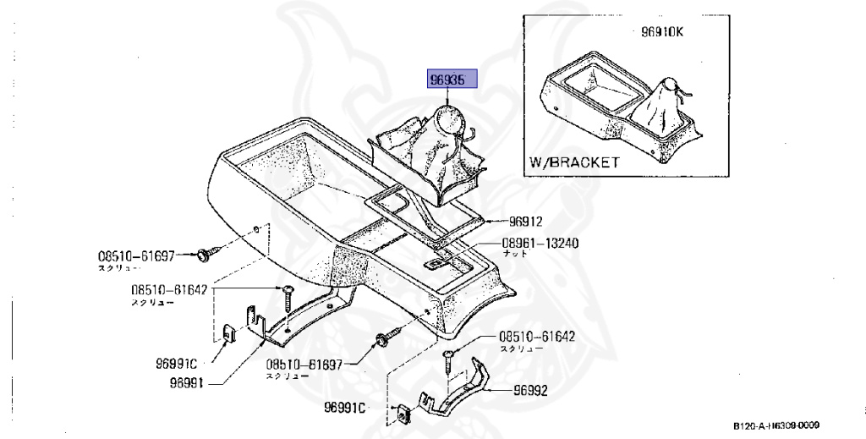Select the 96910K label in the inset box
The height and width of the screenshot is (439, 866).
[x=660, y=34]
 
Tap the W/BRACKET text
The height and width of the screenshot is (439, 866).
[x=574, y=162]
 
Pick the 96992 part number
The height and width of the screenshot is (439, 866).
[x=531, y=391]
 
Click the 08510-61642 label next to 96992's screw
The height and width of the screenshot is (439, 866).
[x=536, y=336]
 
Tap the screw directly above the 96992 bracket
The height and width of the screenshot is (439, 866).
[x=449, y=359]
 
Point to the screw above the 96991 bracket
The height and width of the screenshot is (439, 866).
[x=288, y=295]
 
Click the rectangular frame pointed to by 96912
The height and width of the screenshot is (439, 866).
[x=423, y=211]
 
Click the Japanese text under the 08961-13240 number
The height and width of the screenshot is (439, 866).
[x=512, y=253]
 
